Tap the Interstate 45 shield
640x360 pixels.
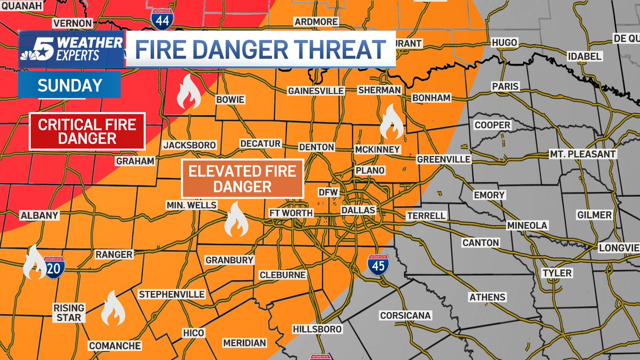click(378, 265)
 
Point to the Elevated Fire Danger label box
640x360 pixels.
click(243, 179)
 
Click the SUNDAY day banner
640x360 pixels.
click(69, 85)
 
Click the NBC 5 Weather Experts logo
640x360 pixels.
click(71, 50)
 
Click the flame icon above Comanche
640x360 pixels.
click(113, 309)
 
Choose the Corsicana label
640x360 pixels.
click(405, 316)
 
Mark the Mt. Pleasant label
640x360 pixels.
click(583, 155)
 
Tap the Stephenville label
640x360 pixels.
click(171, 294)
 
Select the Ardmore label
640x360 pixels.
click(316, 21)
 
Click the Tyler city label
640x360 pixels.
click(557, 273)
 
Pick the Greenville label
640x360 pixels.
click(443, 159)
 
